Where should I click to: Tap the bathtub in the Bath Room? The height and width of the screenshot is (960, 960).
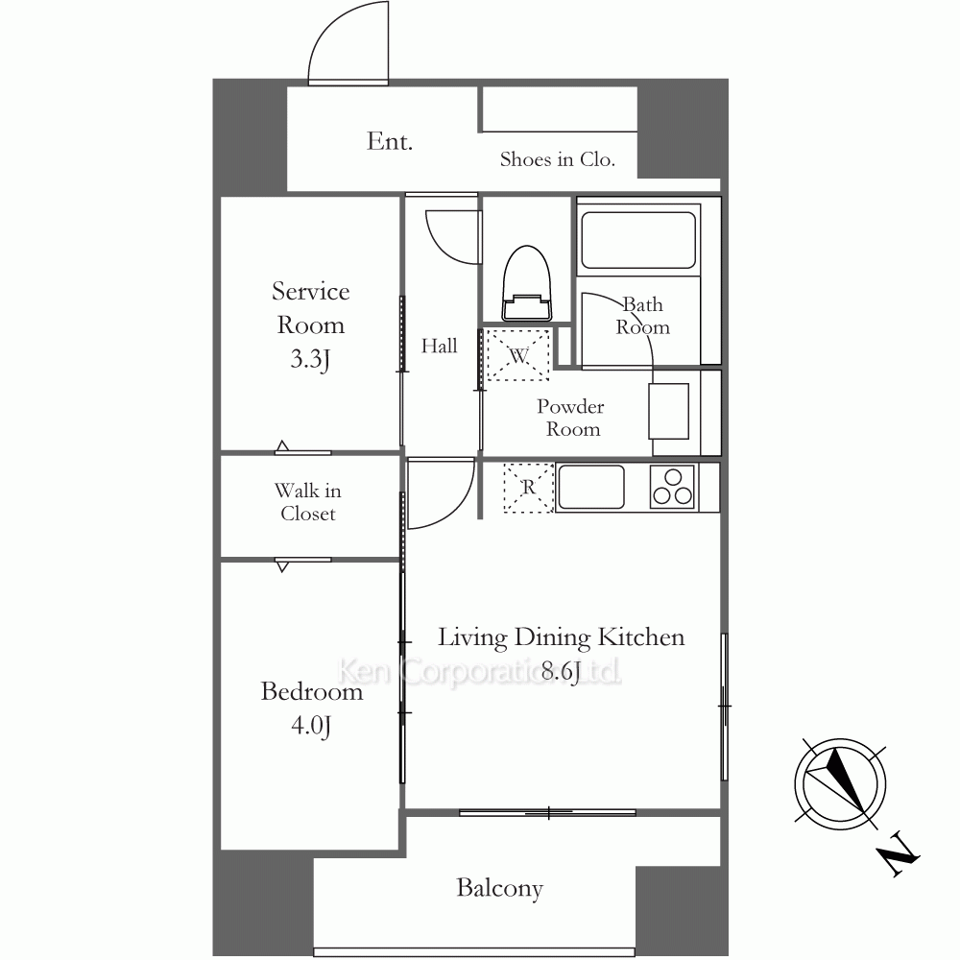[x=638, y=240]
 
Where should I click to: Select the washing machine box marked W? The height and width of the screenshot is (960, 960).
[x=518, y=354]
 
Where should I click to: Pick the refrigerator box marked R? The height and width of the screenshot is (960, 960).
[x=528, y=488]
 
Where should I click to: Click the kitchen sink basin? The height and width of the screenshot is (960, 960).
[x=590, y=487]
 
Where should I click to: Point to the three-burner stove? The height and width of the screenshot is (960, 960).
[x=673, y=488]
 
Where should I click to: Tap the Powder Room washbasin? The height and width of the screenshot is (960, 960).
[x=668, y=411]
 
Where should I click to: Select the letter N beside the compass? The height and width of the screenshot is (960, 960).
[x=899, y=854]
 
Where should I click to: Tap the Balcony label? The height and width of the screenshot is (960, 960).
[x=499, y=888]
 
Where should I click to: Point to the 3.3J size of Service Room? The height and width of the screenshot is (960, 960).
[x=310, y=358]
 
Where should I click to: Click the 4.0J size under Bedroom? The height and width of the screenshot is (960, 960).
[x=311, y=726]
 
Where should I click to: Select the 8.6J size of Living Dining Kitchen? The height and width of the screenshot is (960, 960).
[x=561, y=672]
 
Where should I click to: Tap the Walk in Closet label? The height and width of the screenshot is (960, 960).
[x=308, y=502]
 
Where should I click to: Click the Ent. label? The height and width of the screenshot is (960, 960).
[x=390, y=141]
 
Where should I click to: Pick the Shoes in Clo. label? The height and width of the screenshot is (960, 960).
[x=557, y=159]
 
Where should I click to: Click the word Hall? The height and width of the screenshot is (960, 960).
[x=439, y=346]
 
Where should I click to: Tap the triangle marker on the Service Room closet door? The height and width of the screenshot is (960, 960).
[x=282, y=445]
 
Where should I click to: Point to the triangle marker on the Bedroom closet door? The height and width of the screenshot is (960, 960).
[x=282, y=567]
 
